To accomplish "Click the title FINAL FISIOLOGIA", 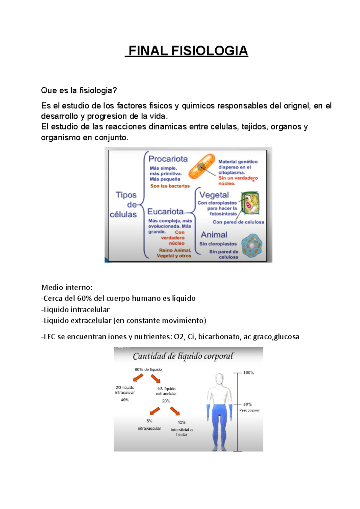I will (187, 51).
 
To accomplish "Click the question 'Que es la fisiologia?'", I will (79, 90).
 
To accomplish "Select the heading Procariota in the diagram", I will (168, 159).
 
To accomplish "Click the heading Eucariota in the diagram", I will (165, 212).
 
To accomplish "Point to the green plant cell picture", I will (250, 204).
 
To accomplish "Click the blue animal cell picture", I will (252, 246).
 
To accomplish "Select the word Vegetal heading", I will (214, 195).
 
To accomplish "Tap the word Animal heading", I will (214, 235).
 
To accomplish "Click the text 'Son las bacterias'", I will (170, 186).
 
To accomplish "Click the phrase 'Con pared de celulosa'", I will (238, 222).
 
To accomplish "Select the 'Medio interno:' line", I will (67, 287).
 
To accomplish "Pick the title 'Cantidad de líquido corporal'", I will (183, 356).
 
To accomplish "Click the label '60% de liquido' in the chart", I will (148, 370).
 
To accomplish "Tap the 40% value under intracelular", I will (125, 400).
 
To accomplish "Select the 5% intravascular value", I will (149, 421).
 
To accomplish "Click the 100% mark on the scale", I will (248, 373).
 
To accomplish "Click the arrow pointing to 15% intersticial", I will (175, 411).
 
